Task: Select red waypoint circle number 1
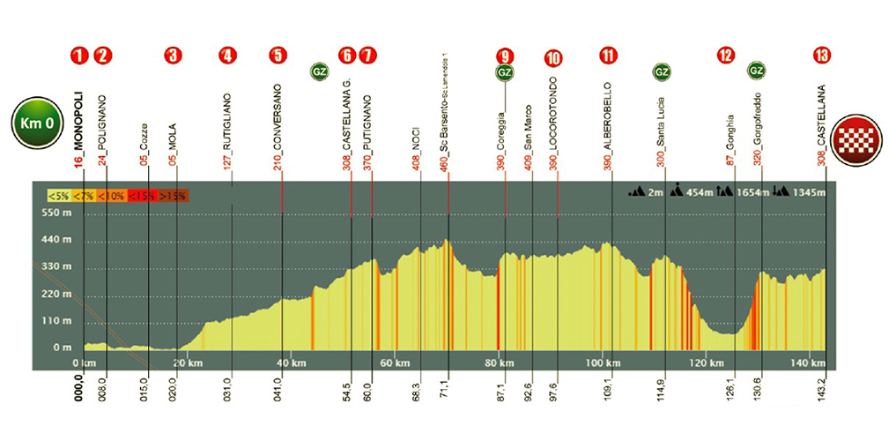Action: coord(80,56)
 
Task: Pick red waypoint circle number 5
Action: coord(278,56)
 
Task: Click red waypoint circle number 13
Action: coord(822,56)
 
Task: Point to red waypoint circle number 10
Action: coord(553,58)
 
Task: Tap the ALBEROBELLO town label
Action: coord(607,114)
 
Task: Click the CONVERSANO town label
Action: coord(278,115)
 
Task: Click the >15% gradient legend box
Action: coord(174,196)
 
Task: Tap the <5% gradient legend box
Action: coord(60,196)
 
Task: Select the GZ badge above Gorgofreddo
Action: coord(755,70)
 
